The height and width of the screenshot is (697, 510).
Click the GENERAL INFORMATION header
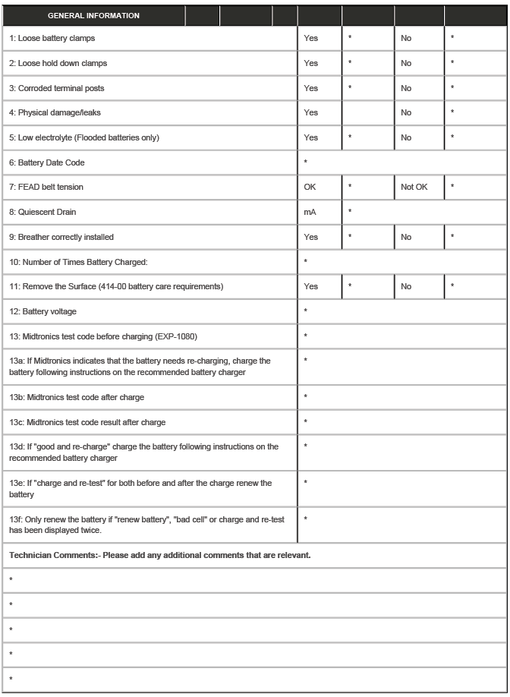(93, 15)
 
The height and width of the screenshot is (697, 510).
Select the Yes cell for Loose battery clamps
(310, 38)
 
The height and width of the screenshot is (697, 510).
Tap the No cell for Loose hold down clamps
(406, 63)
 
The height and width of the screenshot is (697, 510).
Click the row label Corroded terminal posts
(57, 88)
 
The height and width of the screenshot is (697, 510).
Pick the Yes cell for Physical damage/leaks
(310, 112)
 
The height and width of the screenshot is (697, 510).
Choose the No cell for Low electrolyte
(406, 137)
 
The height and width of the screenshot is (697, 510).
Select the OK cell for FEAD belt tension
(310, 187)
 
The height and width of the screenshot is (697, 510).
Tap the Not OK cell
(414, 187)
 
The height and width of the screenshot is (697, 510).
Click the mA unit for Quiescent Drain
(310, 212)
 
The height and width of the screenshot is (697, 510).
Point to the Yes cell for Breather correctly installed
(310, 237)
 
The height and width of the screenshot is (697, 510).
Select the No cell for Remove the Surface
(406, 286)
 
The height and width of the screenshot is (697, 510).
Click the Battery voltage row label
(42, 311)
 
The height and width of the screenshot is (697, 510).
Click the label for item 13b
(77, 397)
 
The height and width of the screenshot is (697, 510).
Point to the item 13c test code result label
(87, 422)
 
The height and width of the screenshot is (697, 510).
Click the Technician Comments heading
(159, 556)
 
